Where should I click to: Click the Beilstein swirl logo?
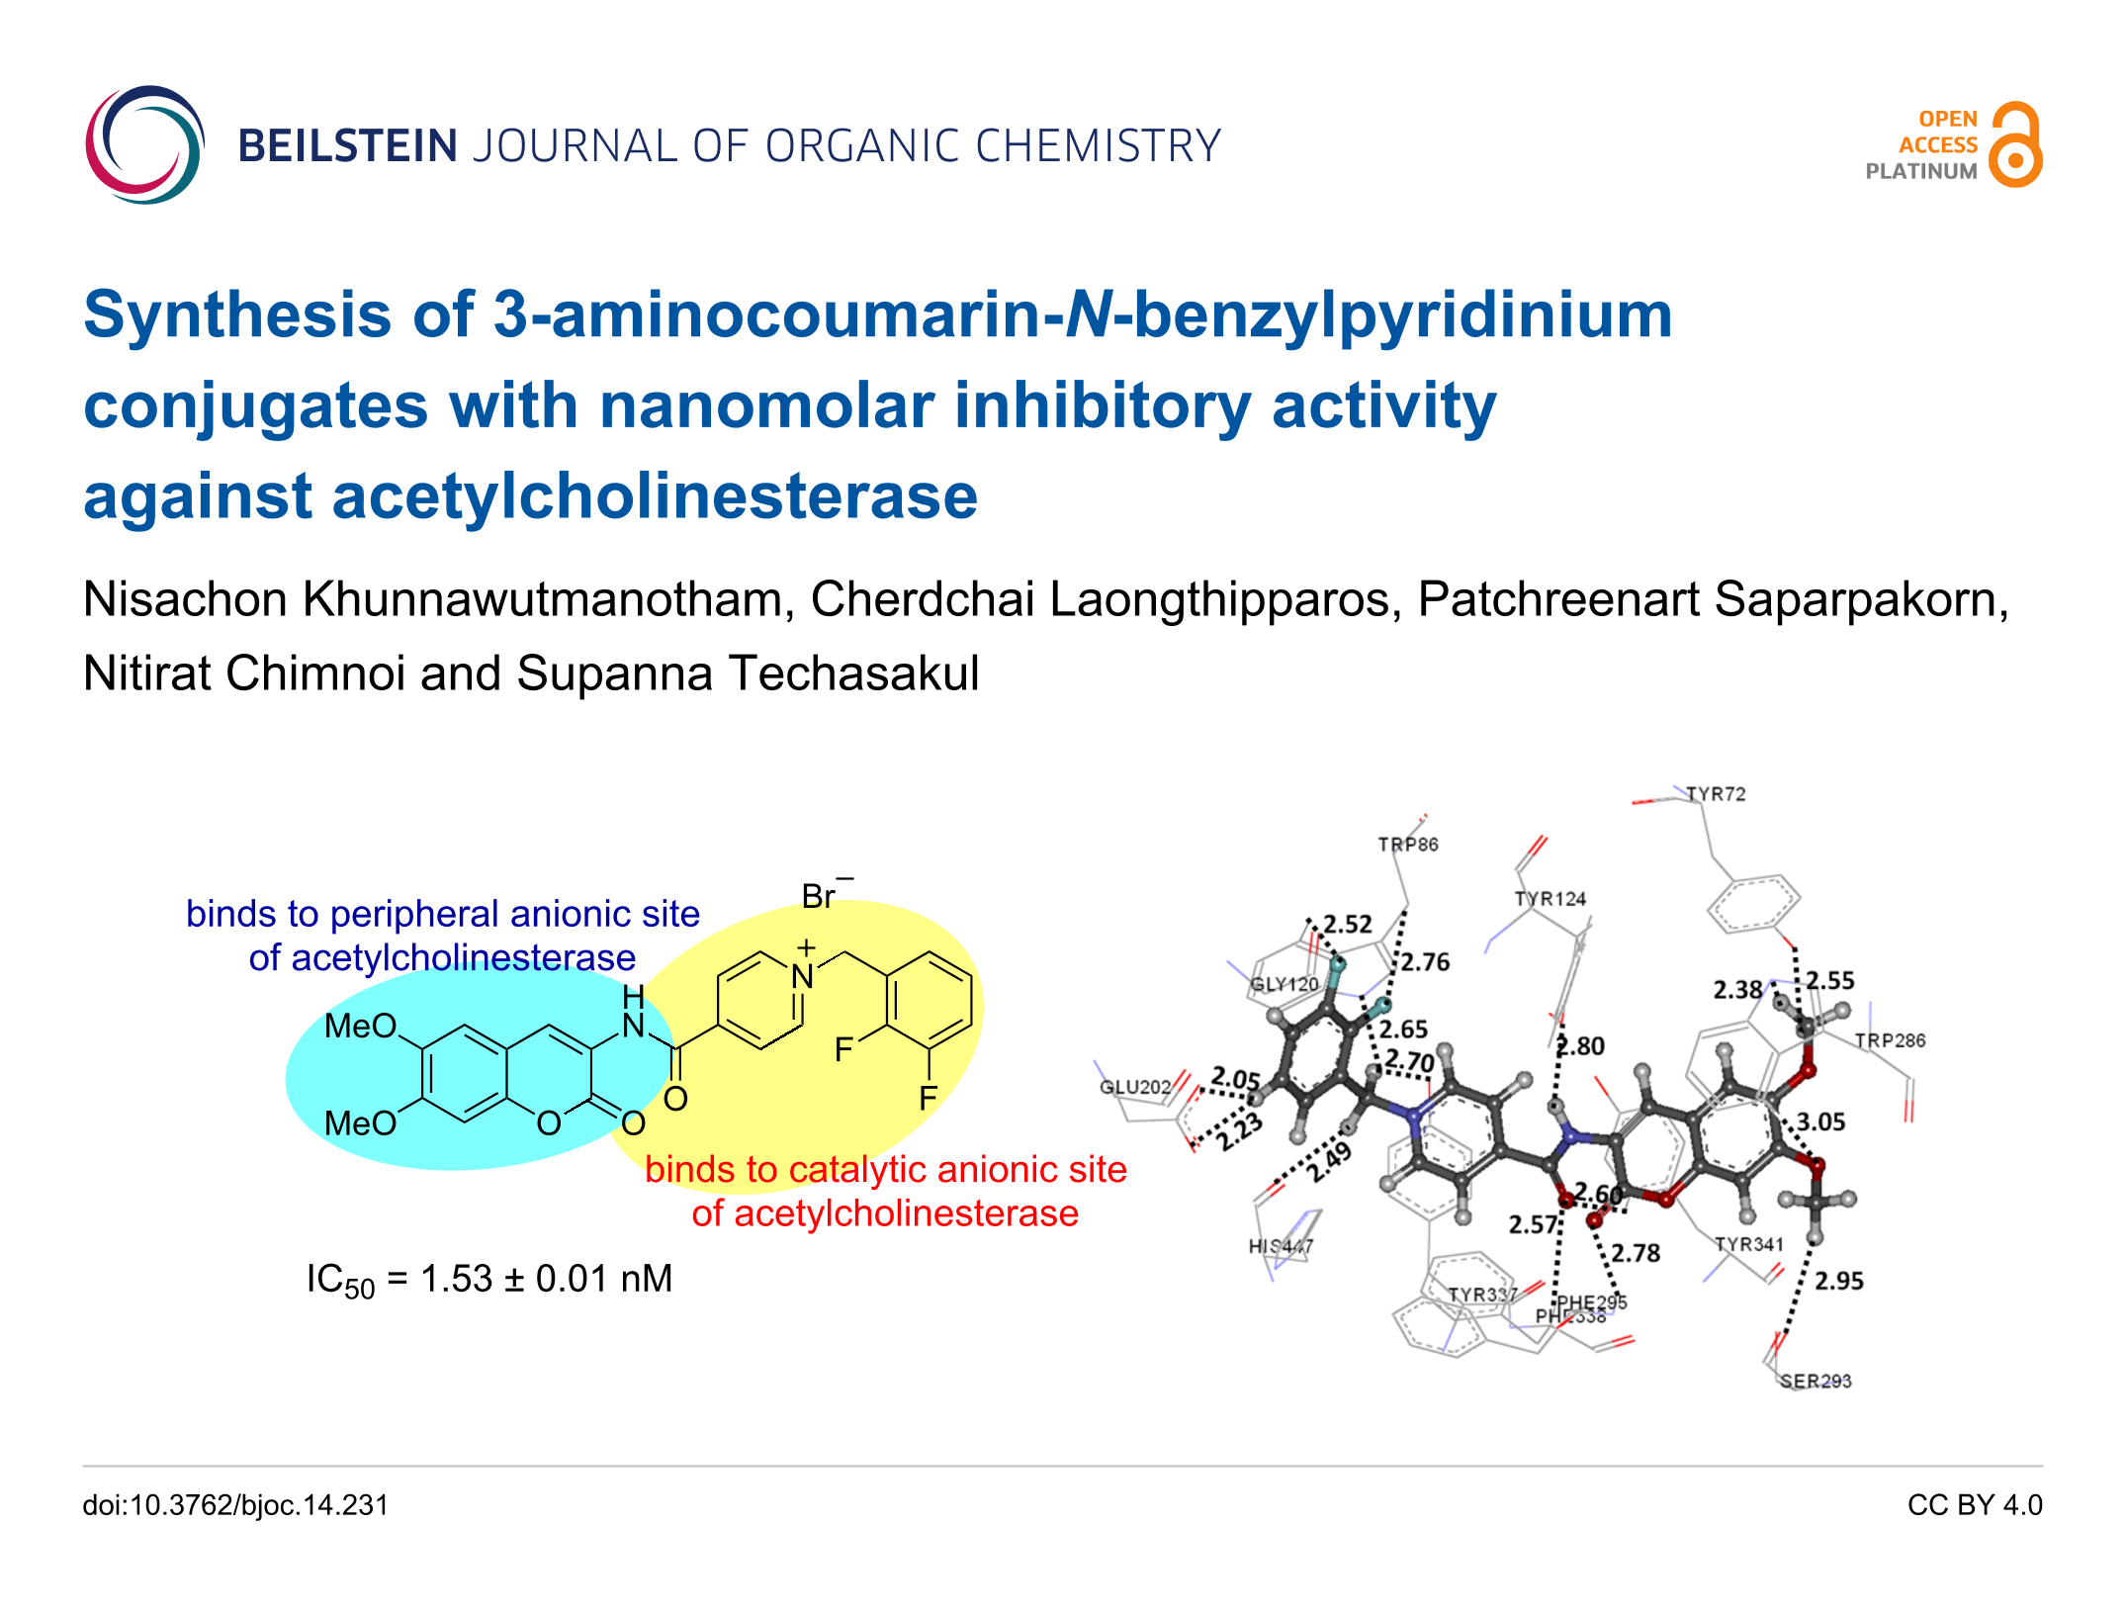point(144,145)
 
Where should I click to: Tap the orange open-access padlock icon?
point(2015,145)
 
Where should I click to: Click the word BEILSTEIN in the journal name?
point(347,146)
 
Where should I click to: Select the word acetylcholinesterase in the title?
point(654,496)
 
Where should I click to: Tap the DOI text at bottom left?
point(235,1505)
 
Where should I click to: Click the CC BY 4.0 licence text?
point(1974,1505)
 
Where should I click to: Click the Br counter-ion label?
point(820,896)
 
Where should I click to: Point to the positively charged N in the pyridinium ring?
point(802,977)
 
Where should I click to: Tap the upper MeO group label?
point(361,1026)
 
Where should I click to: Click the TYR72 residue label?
point(1716,794)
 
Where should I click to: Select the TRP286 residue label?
point(1890,1040)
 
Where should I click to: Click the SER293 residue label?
point(1816,1381)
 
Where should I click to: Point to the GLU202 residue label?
point(1135,1087)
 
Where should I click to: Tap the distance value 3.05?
point(1820,1121)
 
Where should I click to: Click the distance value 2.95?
point(1838,1281)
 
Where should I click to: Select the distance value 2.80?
point(1580,1045)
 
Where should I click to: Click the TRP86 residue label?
point(1408,845)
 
